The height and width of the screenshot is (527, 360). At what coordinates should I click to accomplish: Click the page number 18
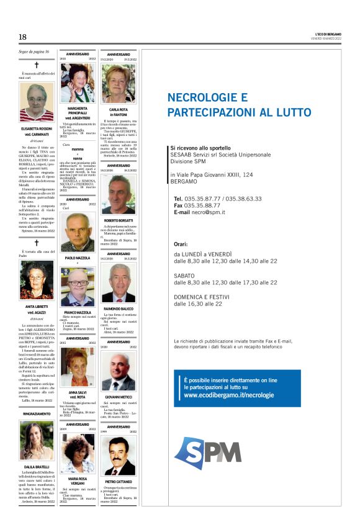click(x=22, y=37)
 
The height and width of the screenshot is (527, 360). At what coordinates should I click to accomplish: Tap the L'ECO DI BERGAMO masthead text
click(x=324, y=33)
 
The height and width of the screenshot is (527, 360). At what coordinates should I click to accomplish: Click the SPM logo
click(x=207, y=453)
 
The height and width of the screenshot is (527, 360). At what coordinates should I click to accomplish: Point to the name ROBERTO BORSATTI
click(x=119, y=220)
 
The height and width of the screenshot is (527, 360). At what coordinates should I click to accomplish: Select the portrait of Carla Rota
click(x=119, y=82)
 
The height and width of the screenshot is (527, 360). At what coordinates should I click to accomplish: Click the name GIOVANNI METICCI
click(x=119, y=395)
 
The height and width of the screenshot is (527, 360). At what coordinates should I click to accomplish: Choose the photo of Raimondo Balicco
click(x=119, y=282)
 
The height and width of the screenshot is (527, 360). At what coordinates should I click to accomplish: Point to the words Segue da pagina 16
click(x=30, y=51)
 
